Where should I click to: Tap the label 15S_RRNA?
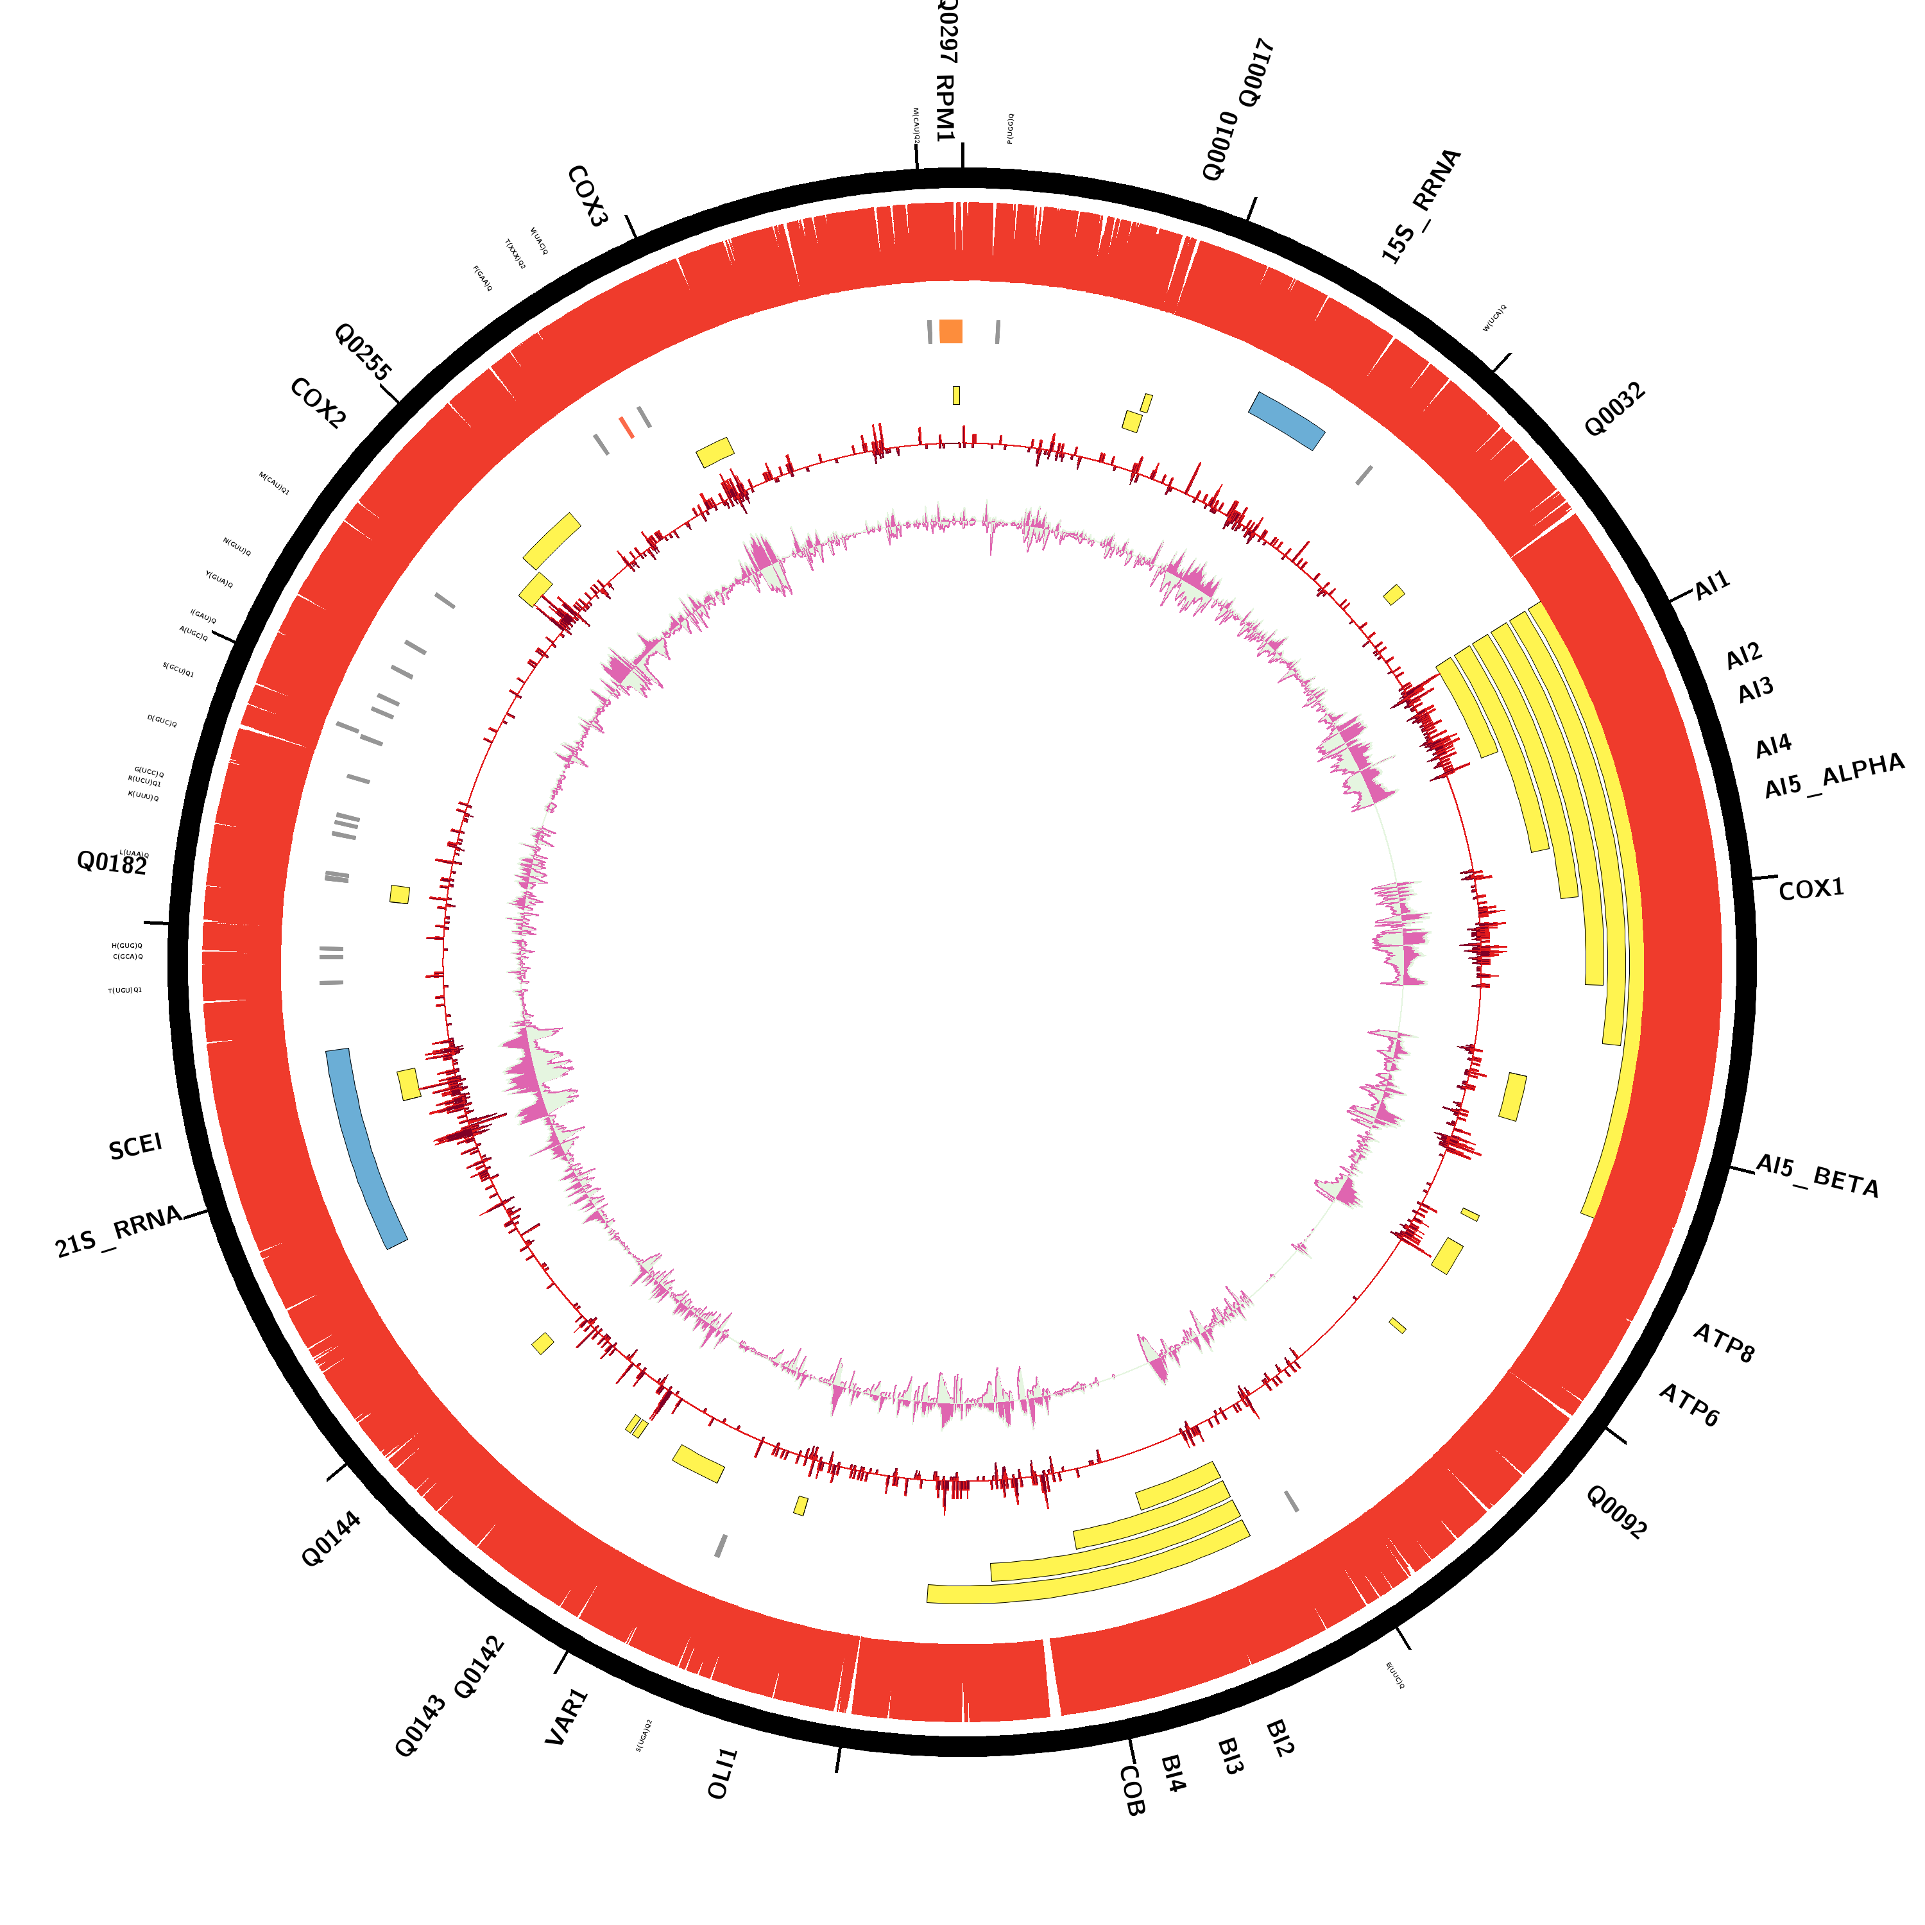(1421, 206)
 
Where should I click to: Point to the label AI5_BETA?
(1817, 1176)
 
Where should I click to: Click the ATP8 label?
(1724, 1342)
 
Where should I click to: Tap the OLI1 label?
(723, 1772)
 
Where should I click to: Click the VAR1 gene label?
(567, 1716)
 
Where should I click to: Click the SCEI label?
(135, 1147)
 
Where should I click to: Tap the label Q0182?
(112, 863)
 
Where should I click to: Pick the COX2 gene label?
(318, 404)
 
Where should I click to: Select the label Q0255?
(363, 351)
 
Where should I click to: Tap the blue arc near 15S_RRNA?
(1287, 420)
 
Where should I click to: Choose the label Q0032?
(1614, 409)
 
